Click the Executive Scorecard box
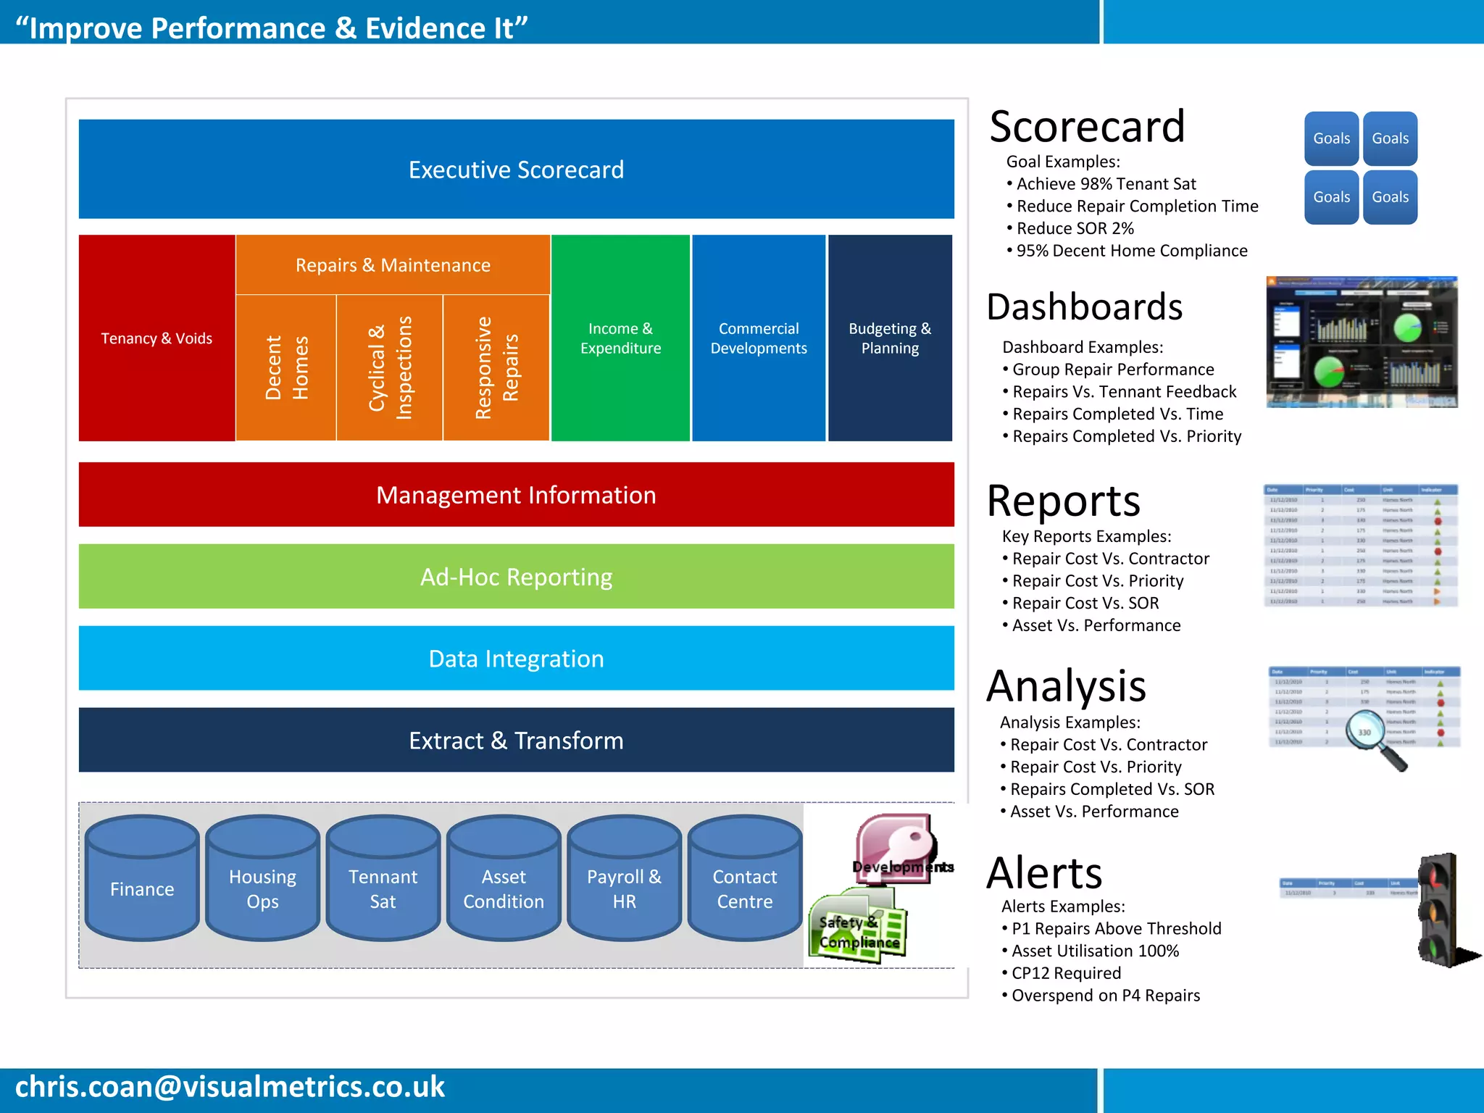click(516, 169)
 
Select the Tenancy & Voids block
click(157, 338)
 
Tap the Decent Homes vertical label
click(286, 367)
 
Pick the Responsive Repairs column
click(496, 367)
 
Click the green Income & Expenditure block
click(620, 338)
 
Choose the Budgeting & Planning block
click(890, 338)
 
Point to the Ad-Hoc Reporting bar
click(516, 576)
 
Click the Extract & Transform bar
click(516, 740)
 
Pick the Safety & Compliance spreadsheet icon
click(859, 927)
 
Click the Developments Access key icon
click(896, 848)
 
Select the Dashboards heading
click(1084, 307)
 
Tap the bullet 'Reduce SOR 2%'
click(1075, 228)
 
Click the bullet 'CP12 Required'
click(1066, 973)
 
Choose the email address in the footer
click(230, 1087)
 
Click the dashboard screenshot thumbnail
click(1362, 341)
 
